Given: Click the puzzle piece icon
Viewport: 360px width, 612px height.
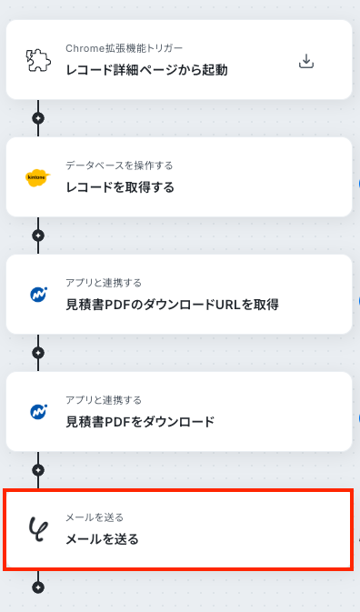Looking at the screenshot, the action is click(x=38, y=60).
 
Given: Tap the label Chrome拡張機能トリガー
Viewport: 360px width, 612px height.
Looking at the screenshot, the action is click(x=124, y=48).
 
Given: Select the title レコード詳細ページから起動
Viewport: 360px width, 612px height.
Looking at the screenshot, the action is click(x=146, y=70).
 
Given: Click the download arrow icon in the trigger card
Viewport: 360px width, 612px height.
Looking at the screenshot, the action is click(x=306, y=61).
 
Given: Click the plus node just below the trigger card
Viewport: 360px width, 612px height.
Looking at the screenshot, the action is click(x=38, y=118).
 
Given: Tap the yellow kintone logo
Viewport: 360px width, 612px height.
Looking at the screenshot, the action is click(x=38, y=177).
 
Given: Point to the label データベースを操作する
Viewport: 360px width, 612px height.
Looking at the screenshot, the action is click(x=119, y=166).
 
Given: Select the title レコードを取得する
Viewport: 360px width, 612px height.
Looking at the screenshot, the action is click(x=120, y=187).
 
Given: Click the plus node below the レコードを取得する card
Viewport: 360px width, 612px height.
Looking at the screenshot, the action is click(x=38, y=236).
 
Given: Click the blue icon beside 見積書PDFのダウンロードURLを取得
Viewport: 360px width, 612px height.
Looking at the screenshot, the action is click(x=38, y=295).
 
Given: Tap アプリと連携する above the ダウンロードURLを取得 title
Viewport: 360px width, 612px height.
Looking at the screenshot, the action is click(x=104, y=283).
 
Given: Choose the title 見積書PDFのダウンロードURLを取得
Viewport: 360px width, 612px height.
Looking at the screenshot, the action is click(x=172, y=305).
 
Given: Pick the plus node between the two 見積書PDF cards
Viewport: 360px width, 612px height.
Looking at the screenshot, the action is click(x=38, y=353).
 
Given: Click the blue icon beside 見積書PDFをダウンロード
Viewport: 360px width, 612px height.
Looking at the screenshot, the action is click(x=38, y=412).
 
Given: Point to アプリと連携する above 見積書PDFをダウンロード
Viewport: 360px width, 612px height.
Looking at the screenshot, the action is click(x=104, y=400).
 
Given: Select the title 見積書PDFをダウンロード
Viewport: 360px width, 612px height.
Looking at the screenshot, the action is click(x=140, y=422).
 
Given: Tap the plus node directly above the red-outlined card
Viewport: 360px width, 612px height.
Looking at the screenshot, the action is click(x=38, y=470).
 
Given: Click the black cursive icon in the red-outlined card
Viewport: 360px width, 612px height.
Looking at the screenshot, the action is click(x=38, y=529).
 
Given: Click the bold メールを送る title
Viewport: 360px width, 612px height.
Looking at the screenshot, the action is click(x=102, y=539).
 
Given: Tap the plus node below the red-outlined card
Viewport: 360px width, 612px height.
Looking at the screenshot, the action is click(x=38, y=587).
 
